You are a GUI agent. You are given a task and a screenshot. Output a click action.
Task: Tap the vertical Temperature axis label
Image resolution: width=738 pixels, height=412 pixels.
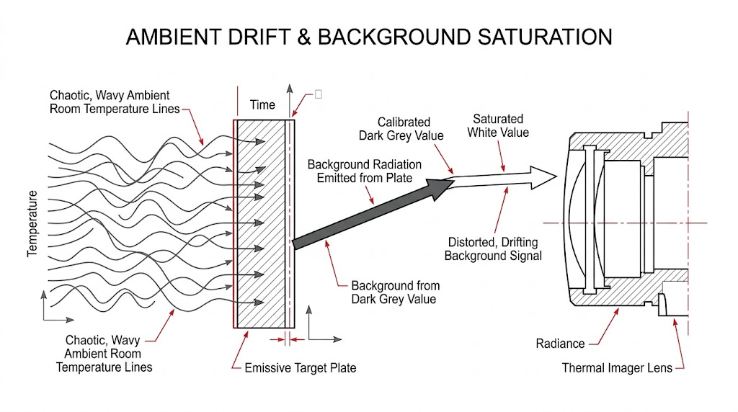point(32,223)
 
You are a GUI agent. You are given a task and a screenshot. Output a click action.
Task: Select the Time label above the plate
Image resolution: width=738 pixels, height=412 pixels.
point(262,104)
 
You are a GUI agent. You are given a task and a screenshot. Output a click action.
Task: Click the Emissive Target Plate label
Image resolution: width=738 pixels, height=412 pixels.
point(300,368)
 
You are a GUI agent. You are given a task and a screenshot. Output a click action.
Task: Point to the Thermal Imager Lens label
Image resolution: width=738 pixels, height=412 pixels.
point(617,368)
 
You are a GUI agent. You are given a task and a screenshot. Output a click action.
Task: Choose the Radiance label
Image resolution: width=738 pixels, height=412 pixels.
point(560,344)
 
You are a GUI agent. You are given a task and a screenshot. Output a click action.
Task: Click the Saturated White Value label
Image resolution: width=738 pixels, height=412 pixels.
point(498,125)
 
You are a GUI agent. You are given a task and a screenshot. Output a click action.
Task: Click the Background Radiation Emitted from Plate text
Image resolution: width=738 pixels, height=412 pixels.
point(365,171)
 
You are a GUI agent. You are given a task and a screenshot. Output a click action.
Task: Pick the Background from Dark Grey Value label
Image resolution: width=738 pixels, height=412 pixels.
point(395,292)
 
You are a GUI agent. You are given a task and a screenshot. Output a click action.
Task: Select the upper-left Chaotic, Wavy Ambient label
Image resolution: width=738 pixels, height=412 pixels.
point(110,102)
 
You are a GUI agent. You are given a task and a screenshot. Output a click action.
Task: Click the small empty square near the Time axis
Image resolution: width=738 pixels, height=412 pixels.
point(318,94)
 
